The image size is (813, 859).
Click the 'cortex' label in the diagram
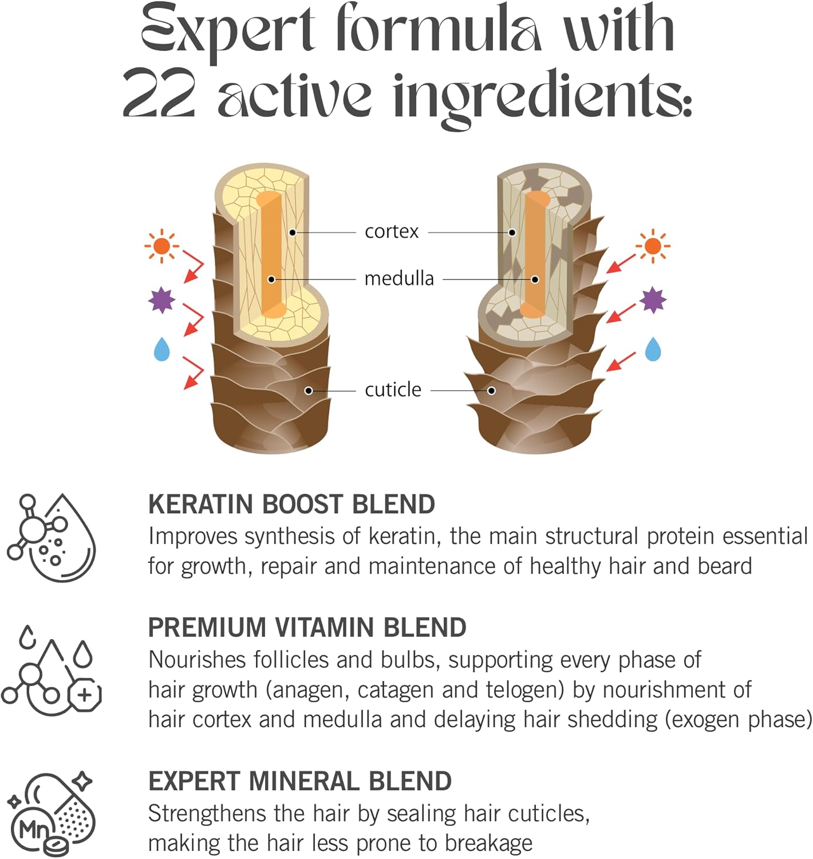click(x=392, y=232)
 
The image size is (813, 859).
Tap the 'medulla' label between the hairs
click(x=399, y=279)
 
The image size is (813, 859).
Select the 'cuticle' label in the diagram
click(x=393, y=390)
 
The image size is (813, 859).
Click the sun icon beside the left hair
click(x=161, y=246)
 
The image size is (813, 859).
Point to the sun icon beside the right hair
click(x=652, y=246)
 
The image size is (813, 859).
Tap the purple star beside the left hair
click(x=161, y=300)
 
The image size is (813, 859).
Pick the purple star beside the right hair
click(x=653, y=300)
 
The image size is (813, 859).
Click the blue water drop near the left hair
click(x=162, y=349)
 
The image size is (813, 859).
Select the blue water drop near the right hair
click(x=653, y=349)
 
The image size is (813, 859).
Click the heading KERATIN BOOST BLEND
click(x=291, y=505)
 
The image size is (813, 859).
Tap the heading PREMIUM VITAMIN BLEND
click(x=307, y=628)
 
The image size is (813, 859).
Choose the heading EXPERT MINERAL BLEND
click(x=300, y=782)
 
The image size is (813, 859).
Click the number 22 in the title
click(x=159, y=94)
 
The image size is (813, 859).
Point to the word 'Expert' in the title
click(x=227, y=29)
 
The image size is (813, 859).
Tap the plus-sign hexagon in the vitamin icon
click(x=85, y=695)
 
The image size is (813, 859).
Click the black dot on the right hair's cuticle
click(x=491, y=391)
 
